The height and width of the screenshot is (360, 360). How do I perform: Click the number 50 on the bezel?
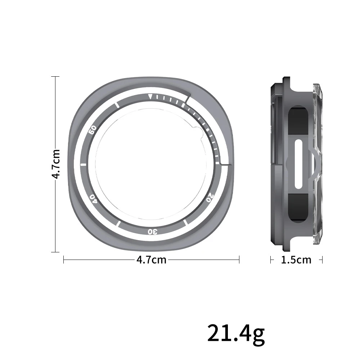tap(93, 130)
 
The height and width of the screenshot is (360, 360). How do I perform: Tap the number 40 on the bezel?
tap(93, 198)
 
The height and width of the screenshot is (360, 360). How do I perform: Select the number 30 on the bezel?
tap(153, 231)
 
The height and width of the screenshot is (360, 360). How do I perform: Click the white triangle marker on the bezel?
tap(150, 96)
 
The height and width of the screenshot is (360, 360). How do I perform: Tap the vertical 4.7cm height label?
tap(56, 164)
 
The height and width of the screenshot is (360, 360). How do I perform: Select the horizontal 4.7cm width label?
tap(152, 260)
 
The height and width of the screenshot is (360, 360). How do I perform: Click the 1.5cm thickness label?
tap(296, 260)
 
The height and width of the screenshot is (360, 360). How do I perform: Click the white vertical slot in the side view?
tap(299, 164)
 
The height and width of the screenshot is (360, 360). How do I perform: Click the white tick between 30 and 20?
tap(185, 223)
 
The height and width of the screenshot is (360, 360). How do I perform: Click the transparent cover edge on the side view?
tap(317, 164)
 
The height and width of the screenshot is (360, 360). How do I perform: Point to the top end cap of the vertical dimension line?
tap(55, 77)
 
